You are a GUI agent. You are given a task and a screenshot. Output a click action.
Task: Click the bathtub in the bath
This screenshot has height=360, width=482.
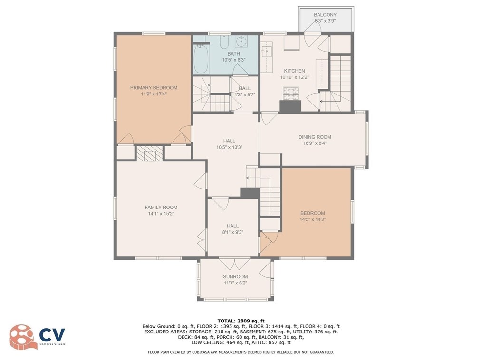coord(201,59)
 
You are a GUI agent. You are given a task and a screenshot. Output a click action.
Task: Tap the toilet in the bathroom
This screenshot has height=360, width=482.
coord(224,42)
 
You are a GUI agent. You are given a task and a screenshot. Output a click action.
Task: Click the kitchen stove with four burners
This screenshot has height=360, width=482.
coord(291,94)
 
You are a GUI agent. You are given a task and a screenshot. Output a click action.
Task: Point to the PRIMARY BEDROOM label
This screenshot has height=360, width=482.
coord(154,88)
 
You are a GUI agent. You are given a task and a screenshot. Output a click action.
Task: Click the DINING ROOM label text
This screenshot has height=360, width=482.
coord(315,137)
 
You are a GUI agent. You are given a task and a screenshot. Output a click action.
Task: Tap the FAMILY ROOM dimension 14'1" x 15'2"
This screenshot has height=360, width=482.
coord(161,214)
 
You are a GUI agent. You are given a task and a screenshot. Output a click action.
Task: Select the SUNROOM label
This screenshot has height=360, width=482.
coord(235,277)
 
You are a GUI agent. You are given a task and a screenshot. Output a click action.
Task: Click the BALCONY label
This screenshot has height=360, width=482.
coord(325,15)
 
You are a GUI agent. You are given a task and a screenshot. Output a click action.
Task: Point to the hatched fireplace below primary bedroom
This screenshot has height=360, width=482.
coord(149,153)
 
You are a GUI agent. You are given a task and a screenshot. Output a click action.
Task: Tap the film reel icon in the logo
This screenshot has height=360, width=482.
coord(21,337)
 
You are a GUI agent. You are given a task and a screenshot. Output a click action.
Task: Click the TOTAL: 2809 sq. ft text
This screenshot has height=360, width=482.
coord(241,322)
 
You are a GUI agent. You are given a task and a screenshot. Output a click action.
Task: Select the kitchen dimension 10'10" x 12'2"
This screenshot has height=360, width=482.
coord(294,77)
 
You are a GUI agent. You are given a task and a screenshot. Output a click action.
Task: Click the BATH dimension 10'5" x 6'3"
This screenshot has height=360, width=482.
coord(233,60)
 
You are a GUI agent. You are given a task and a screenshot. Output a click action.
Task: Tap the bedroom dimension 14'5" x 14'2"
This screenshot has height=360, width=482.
coord(313,219)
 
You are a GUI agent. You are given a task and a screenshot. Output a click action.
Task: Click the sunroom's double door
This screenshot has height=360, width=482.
coord(234,264)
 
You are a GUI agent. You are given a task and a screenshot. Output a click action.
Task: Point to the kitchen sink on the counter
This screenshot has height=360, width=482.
coord(266,52)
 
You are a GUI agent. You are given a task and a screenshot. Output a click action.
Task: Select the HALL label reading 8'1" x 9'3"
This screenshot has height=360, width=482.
coord(233,229)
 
